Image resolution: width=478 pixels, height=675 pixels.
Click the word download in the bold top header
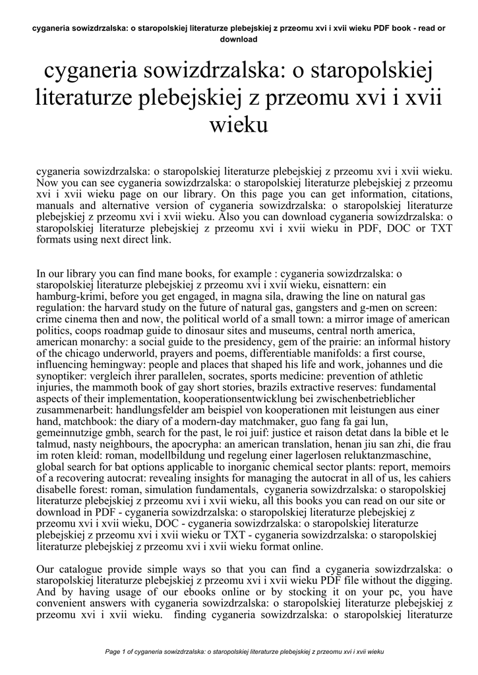pyautogui.click(x=239, y=39)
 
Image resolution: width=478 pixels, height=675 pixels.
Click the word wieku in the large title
pyautogui.click(x=239, y=123)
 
